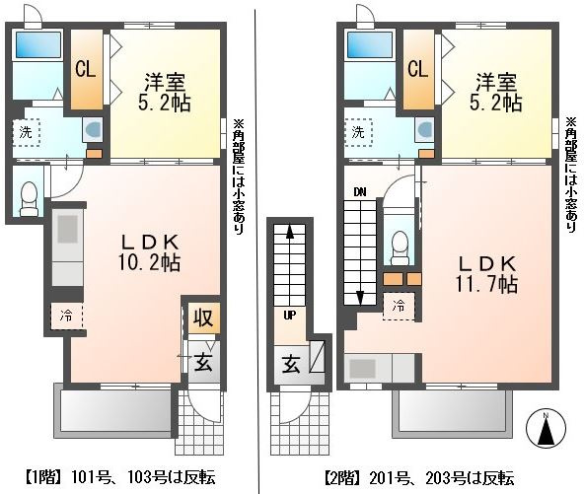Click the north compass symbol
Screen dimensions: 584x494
point(546,427)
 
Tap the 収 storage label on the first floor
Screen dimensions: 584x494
point(203,318)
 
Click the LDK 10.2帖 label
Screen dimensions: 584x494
point(150,252)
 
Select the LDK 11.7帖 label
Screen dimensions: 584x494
point(486,274)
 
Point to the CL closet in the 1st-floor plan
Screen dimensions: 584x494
point(86,69)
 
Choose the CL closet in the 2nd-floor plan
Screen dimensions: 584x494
point(418,69)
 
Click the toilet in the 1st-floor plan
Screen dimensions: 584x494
point(29,198)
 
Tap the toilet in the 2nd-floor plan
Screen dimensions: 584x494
point(401,247)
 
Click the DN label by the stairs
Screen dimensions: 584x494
point(360,192)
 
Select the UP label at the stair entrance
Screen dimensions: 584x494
point(290,316)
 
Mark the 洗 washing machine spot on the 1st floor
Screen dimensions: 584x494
point(26,132)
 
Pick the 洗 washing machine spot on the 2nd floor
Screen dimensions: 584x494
point(358,132)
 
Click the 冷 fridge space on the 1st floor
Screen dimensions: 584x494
point(67,317)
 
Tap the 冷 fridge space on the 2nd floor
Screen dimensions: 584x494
point(399,307)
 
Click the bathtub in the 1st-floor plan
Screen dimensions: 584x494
point(37,44)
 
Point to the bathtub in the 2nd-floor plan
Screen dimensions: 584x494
point(370,44)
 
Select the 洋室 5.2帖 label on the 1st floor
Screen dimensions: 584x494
point(165,93)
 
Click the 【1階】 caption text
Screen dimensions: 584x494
point(44,477)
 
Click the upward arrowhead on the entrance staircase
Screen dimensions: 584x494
point(290,232)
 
